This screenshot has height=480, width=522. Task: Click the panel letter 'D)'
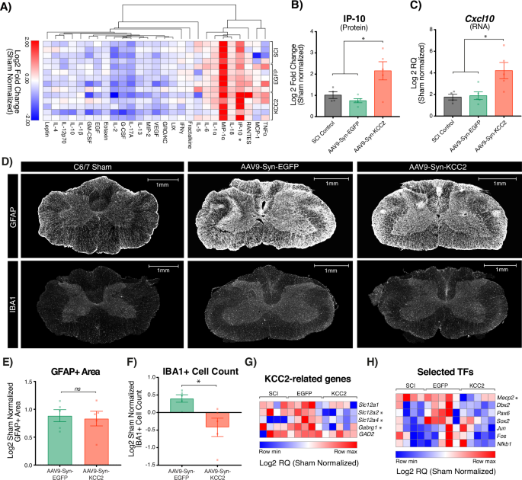click(7, 162)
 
